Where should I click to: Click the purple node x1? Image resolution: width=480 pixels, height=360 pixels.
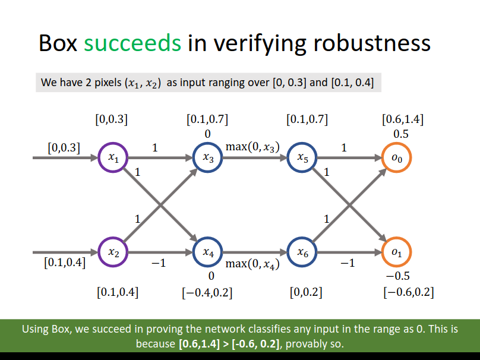98,157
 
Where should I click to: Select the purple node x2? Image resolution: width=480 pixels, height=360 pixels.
98,252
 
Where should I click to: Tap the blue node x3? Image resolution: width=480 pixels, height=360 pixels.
193,157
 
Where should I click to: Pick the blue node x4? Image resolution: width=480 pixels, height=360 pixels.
193,252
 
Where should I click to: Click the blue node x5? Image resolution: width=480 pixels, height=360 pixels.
288,157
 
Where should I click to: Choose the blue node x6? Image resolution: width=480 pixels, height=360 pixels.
288,252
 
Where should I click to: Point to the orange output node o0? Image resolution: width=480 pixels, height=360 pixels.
382,157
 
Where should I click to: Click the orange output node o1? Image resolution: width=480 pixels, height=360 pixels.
382,252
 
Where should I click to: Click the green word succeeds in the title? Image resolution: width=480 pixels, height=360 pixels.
132,43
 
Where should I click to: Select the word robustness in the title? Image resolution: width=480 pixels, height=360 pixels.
372,43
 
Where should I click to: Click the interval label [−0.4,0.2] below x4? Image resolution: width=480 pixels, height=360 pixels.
207,293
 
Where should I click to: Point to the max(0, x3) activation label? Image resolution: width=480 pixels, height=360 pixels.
252,147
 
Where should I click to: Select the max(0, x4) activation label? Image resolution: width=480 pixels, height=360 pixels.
252,264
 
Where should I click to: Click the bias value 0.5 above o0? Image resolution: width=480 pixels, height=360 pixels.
401,134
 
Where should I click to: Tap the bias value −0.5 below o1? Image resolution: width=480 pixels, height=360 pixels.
397,276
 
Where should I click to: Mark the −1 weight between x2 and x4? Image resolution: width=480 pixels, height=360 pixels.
159,263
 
